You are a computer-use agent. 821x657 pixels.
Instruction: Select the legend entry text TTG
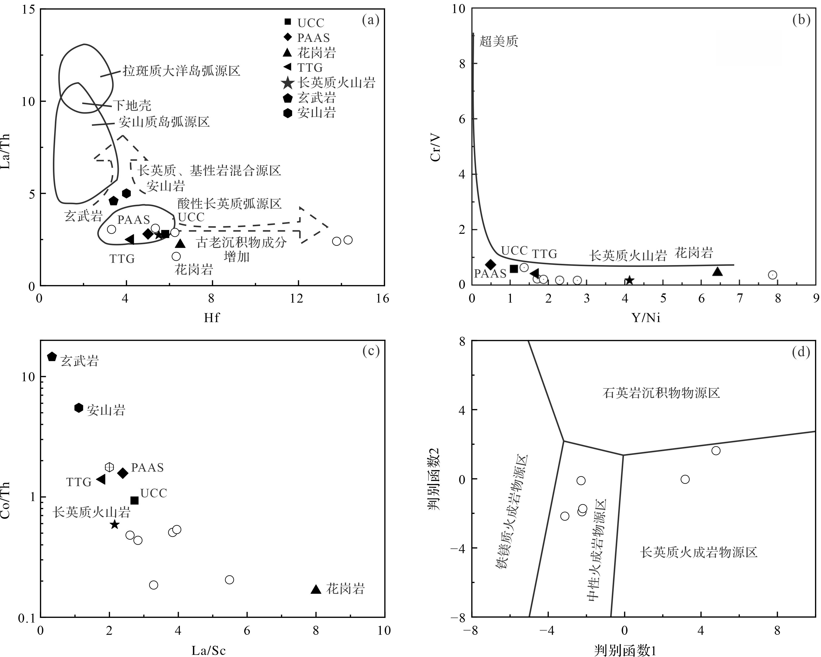coord(310,68)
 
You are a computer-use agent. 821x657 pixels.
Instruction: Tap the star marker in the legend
coord(288,83)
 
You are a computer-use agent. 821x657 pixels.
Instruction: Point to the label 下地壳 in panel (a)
coord(132,105)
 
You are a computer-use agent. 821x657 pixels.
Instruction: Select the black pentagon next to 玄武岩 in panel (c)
coord(52,357)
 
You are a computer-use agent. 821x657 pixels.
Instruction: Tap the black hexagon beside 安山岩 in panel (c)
coord(78,408)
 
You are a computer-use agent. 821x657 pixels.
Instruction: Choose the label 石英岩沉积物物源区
coord(662,393)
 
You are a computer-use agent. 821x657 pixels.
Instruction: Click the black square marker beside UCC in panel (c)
coord(134,500)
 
